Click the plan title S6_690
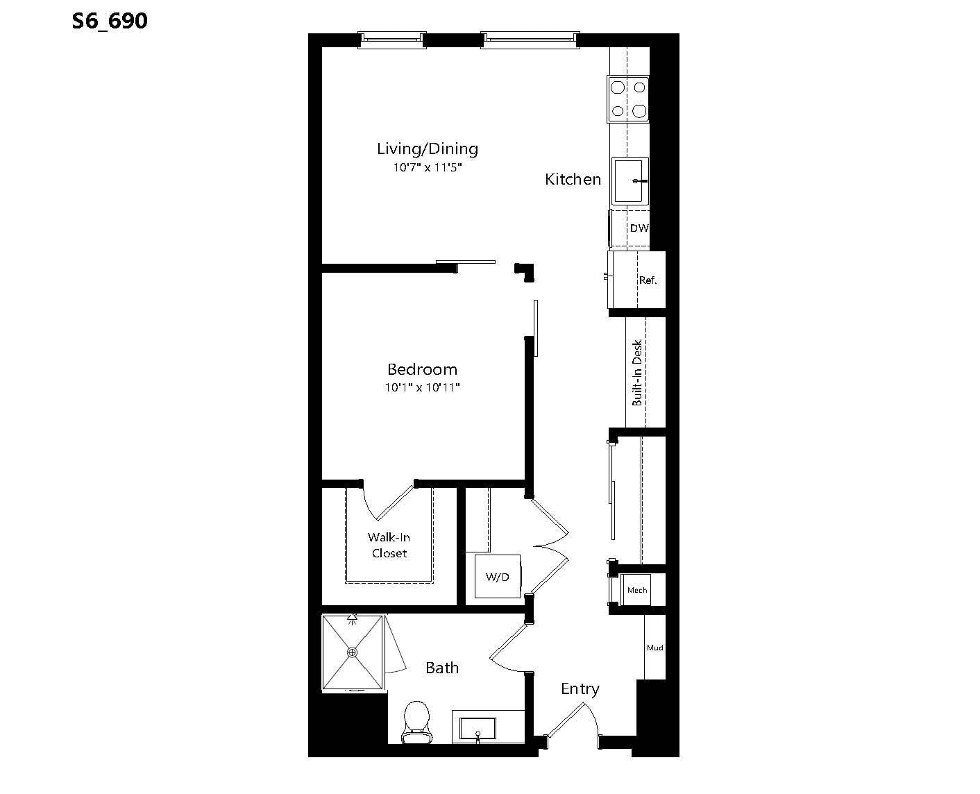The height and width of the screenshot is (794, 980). pyautogui.click(x=110, y=21)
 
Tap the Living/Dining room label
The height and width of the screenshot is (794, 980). pyautogui.click(x=428, y=149)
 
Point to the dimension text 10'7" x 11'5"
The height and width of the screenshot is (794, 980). pyautogui.click(x=428, y=167)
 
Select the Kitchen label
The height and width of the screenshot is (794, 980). pyautogui.click(x=573, y=179)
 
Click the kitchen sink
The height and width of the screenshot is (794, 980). pyautogui.click(x=630, y=181)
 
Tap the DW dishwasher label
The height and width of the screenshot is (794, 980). pyautogui.click(x=639, y=228)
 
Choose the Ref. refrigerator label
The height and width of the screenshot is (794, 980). pyautogui.click(x=648, y=280)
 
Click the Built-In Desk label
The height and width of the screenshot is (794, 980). pyautogui.click(x=637, y=373)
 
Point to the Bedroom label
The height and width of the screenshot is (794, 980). pyautogui.click(x=423, y=369)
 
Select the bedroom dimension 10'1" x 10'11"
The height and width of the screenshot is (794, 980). pyautogui.click(x=423, y=387)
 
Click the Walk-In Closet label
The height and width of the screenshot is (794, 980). pyautogui.click(x=389, y=545)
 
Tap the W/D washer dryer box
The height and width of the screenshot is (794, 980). pyautogui.click(x=498, y=577)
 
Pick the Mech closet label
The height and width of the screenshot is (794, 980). pyautogui.click(x=637, y=590)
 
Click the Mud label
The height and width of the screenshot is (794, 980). pyautogui.click(x=654, y=648)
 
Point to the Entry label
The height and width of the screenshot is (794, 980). pyautogui.click(x=580, y=689)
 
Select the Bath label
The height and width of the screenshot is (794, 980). pyautogui.click(x=442, y=668)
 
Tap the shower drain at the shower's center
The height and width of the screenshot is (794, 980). pyautogui.click(x=352, y=652)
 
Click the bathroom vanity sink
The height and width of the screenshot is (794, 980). pyautogui.click(x=478, y=729)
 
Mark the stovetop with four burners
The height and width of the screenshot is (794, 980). pyautogui.click(x=628, y=99)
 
